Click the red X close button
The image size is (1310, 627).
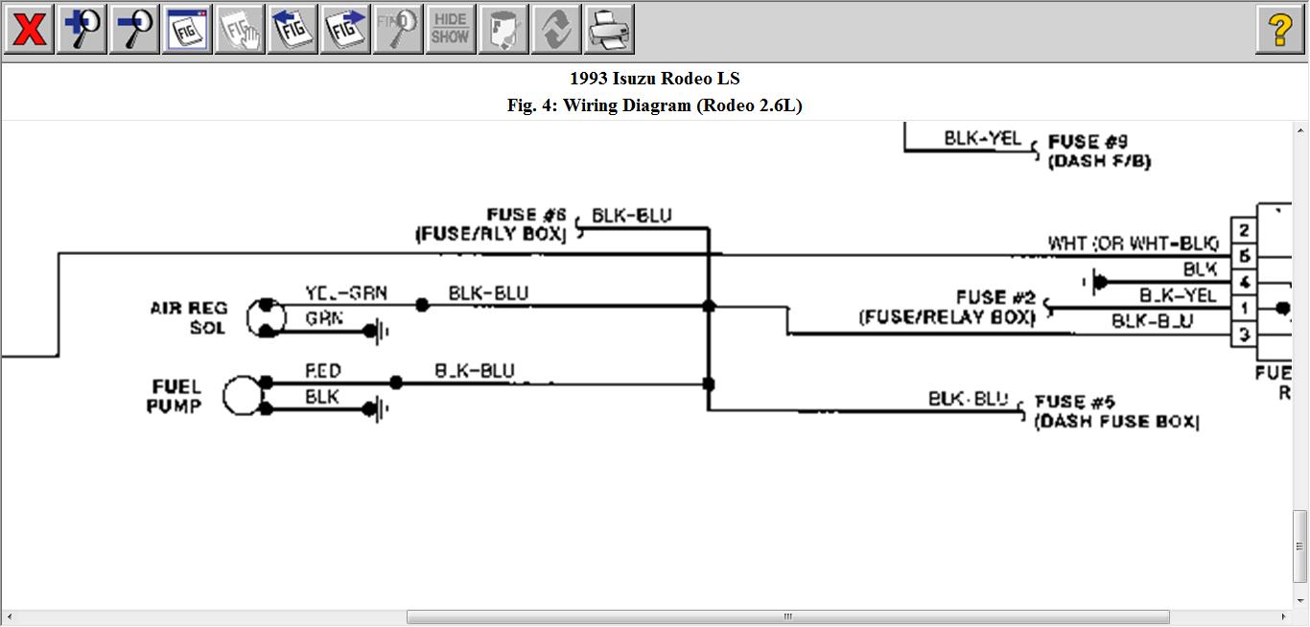click(30, 30)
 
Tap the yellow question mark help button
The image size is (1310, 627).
click(1279, 30)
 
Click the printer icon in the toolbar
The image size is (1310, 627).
click(609, 30)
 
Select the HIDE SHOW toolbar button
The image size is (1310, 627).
click(450, 30)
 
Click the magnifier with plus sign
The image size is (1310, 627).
click(82, 30)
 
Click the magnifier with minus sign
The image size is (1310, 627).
click(134, 30)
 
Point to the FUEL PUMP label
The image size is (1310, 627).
click(175, 396)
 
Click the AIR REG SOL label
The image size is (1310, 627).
click(189, 317)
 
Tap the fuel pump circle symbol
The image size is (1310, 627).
click(242, 396)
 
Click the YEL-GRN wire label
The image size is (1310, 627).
click(346, 293)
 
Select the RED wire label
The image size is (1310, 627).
click(323, 371)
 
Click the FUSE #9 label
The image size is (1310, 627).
click(1099, 151)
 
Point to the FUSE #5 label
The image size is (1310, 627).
click(1116, 411)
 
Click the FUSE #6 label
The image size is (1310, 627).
click(491, 224)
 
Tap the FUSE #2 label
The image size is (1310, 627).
click(947, 307)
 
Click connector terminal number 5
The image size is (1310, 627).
click(1244, 256)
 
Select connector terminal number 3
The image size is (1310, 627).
click(1244, 335)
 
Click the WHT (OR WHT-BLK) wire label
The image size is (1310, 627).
click(1133, 244)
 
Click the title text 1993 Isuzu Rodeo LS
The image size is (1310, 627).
click(655, 79)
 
